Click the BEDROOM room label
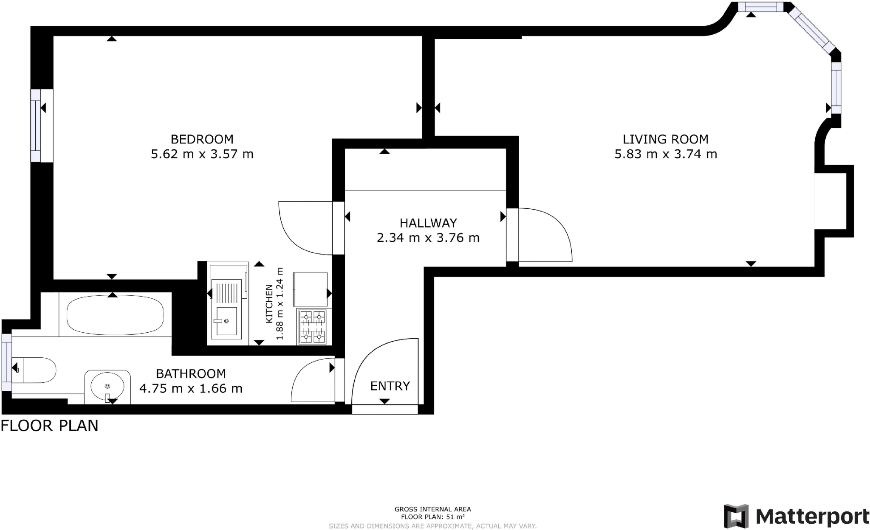coord(202,139)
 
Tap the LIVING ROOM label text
coord(665,139)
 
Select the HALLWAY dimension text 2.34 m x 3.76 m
coord(428,238)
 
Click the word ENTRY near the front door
coord(390,386)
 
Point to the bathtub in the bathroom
coord(115,315)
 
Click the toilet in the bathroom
coord(36,370)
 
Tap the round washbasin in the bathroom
coord(107,387)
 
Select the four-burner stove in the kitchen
coord(312,327)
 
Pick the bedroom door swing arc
coord(297,233)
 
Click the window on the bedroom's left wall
coord(36,125)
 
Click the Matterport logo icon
coord(736,516)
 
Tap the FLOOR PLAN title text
coord(50,425)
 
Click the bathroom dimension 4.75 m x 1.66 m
coord(191,388)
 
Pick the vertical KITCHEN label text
coord(269,304)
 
